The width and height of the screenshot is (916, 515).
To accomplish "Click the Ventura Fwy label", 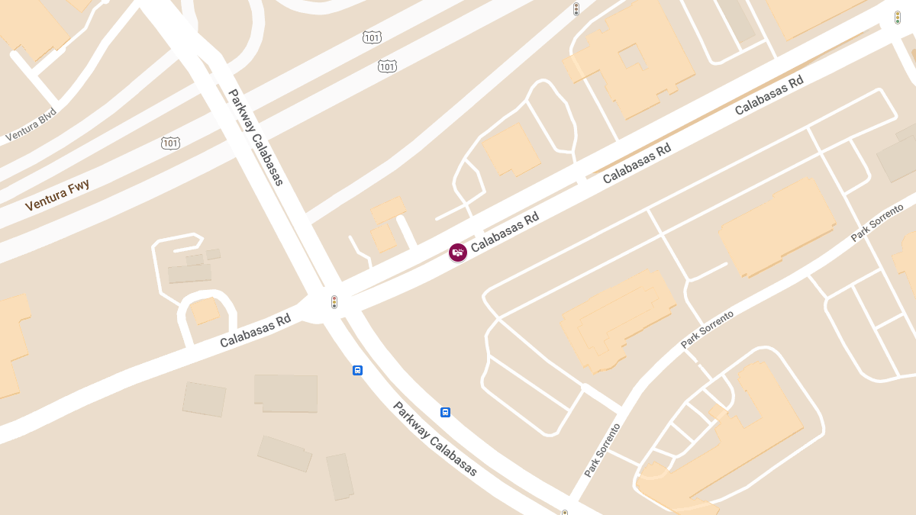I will [x=57, y=195].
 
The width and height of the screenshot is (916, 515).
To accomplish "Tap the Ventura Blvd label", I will [x=31, y=125].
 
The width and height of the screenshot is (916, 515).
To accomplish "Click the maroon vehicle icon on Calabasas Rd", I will [x=457, y=253].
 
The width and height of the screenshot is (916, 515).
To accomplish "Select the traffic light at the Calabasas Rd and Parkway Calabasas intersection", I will [x=334, y=302].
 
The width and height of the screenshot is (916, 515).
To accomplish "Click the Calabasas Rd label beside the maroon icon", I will [x=505, y=232].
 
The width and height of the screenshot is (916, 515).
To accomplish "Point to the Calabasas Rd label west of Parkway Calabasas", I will [x=255, y=330].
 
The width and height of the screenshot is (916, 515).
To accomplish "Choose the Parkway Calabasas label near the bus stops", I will [x=434, y=439].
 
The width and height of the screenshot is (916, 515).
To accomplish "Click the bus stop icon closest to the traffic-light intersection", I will [x=357, y=370].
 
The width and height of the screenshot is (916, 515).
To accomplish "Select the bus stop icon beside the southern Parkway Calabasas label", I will [x=445, y=412].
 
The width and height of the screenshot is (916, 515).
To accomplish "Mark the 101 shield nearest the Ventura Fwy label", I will [x=170, y=143].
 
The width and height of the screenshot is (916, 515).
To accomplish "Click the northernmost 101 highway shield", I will [x=372, y=37].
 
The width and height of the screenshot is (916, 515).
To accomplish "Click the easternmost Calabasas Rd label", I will [x=769, y=95].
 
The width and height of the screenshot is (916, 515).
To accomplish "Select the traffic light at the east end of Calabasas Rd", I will [x=898, y=17].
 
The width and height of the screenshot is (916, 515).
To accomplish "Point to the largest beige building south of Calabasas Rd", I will [x=285, y=393].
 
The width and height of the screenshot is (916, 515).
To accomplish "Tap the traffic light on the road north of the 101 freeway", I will [x=576, y=9].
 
